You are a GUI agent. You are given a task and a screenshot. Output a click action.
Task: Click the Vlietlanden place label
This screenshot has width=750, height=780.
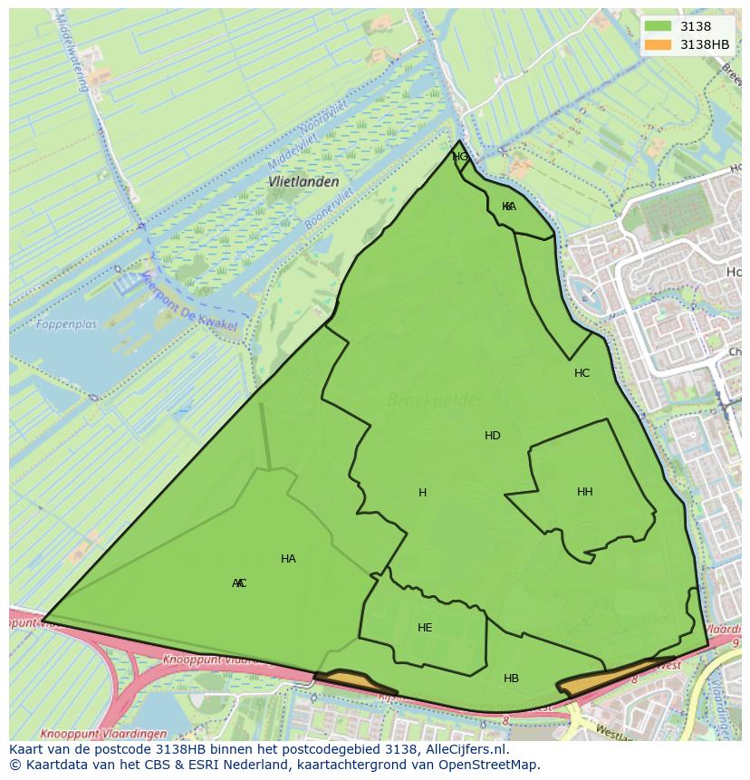click(303, 181)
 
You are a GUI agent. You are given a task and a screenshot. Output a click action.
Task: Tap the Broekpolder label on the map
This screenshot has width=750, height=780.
click(435, 400)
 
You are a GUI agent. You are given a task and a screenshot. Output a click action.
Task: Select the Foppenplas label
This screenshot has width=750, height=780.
click(67, 323)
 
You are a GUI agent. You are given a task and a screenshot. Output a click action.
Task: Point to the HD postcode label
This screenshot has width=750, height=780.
click(493, 436)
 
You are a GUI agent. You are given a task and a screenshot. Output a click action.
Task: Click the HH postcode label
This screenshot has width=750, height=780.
click(585, 492)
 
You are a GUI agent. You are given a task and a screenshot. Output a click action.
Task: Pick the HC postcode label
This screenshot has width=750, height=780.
click(582, 373)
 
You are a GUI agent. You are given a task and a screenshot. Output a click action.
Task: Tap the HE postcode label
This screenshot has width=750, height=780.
click(425, 628)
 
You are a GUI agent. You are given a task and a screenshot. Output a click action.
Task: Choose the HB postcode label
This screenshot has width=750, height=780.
click(511, 679)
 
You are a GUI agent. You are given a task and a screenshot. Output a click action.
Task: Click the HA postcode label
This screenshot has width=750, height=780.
click(288, 559)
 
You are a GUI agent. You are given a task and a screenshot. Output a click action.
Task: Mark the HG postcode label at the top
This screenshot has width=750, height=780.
click(460, 157)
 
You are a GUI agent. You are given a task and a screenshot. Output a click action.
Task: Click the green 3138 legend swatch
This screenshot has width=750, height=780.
click(659, 26)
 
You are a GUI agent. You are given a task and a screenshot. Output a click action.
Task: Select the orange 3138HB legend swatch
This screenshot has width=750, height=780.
click(659, 44)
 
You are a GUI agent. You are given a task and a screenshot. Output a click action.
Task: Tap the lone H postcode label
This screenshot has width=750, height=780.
click(422, 493)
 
